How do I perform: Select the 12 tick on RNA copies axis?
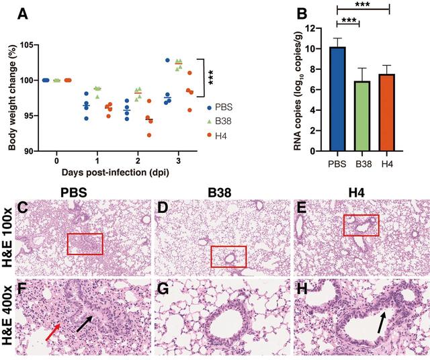[x=310, y=28]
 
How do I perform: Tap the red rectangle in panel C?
[x=85, y=244]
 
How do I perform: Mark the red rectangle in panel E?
[x=361, y=226]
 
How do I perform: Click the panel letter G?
[x=162, y=289]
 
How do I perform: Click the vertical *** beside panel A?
[x=210, y=77]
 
